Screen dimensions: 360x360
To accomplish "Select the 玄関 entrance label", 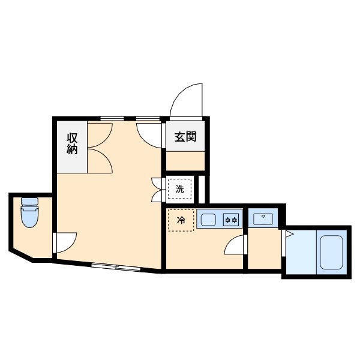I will [186, 137].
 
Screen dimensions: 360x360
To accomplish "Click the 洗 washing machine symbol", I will [180, 190].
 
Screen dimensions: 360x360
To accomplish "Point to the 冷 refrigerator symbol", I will [181, 220].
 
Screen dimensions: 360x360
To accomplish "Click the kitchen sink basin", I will [209, 220].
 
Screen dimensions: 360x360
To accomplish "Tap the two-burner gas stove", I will [232, 220].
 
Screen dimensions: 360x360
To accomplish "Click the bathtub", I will [331, 252].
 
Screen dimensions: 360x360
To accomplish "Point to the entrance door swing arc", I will [188, 100].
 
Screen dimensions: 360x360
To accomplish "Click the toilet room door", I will [65, 241].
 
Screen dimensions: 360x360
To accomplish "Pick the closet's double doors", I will [100, 146].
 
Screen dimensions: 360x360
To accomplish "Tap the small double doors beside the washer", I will [158, 189].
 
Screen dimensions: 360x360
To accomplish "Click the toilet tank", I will [29, 202].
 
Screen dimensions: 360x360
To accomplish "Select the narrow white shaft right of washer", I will [202, 189].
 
